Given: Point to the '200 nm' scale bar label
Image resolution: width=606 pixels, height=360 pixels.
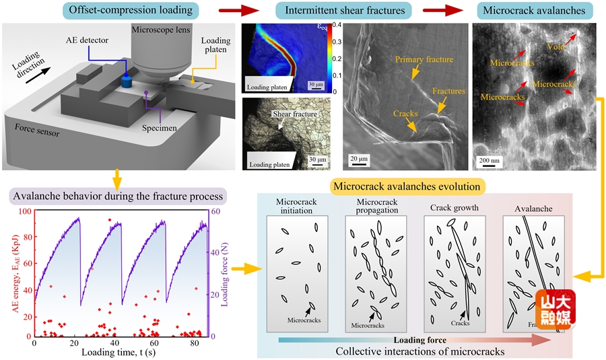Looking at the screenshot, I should tap(489, 161).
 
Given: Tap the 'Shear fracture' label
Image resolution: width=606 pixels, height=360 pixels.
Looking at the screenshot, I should tap(290, 114).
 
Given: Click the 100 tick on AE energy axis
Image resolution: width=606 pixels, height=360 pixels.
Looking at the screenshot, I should tap(24, 211).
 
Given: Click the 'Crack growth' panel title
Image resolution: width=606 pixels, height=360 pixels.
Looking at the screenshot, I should tap(454, 208).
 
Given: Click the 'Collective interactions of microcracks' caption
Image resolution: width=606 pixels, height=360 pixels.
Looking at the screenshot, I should tap(413, 351).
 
